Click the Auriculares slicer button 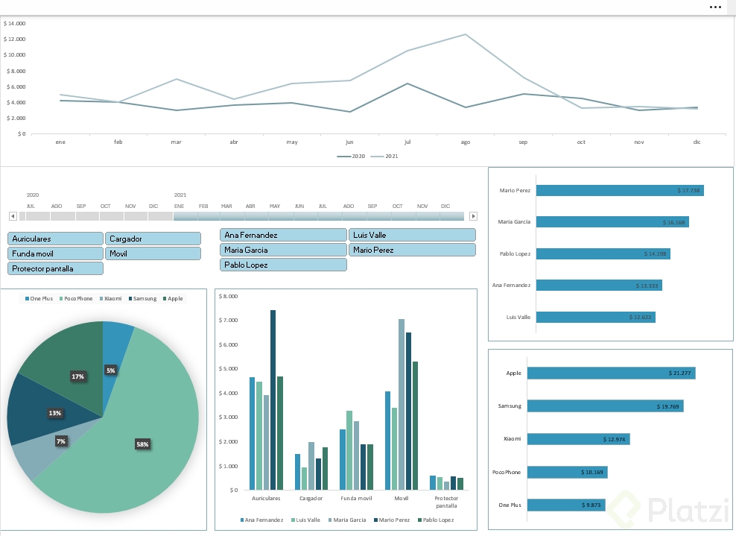tap(55, 239)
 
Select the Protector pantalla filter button tap(55, 268)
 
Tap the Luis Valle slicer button tap(412, 235)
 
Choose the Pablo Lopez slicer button tap(283, 265)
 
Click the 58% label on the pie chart tap(142, 444)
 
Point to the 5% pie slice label tap(110, 371)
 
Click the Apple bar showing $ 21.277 tap(611, 373)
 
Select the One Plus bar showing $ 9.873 tap(566, 505)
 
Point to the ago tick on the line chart tap(466, 142)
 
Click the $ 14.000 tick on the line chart tap(15, 23)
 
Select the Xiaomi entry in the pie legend tap(112, 299)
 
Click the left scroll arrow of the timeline tap(13, 216)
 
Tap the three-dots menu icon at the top tap(715, 7)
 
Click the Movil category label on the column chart tap(401, 498)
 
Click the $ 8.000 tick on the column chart tap(229, 296)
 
